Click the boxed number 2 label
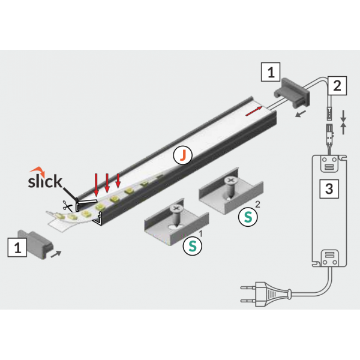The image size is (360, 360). [337, 86]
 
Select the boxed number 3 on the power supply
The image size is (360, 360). [329, 189]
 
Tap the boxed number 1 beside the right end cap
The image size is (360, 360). [271, 72]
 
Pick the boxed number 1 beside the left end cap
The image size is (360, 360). [17, 247]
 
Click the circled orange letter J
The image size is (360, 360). [183, 155]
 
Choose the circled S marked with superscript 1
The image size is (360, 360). [193, 246]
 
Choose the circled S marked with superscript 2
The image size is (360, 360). [248, 217]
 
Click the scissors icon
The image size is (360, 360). [67, 205]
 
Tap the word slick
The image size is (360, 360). [45, 181]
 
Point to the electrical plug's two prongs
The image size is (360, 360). [248, 294]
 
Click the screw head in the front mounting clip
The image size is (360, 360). [176, 208]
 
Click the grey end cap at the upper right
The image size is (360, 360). [292, 92]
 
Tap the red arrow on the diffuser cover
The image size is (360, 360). [254, 112]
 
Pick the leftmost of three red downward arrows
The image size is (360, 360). [96, 185]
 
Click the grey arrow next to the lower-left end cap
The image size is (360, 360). [56, 254]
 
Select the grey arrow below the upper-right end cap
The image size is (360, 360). [301, 113]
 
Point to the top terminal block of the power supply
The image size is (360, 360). [329, 164]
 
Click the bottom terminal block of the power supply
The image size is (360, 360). [329, 258]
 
